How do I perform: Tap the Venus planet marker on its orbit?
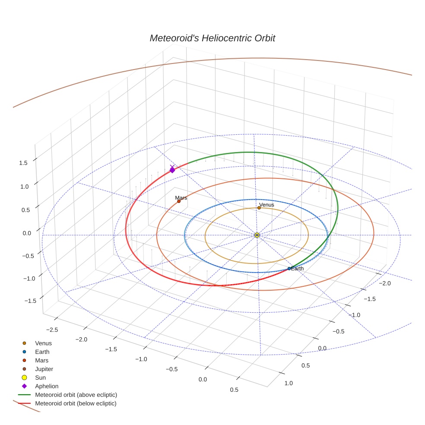click(259, 208)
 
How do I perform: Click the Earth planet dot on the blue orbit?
click(289, 269)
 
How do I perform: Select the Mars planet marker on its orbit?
click(179, 201)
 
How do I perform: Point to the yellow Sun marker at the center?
click(257, 235)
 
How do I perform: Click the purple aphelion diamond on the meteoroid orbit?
click(172, 170)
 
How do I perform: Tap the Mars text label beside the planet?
click(181, 198)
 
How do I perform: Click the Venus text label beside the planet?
click(266, 204)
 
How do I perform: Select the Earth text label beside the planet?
click(298, 269)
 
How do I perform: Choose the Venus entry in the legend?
click(43, 343)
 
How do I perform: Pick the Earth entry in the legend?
click(42, 352)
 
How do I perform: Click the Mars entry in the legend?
click(41, 361)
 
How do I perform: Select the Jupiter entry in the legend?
click(44, 369)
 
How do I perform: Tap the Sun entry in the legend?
click(40, 378)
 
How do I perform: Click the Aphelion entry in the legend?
click(47, 387)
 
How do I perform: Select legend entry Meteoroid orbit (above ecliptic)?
click(76, 395)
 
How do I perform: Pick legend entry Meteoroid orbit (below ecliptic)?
click(76, 403)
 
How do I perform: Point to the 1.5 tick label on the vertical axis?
click(23, 163)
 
